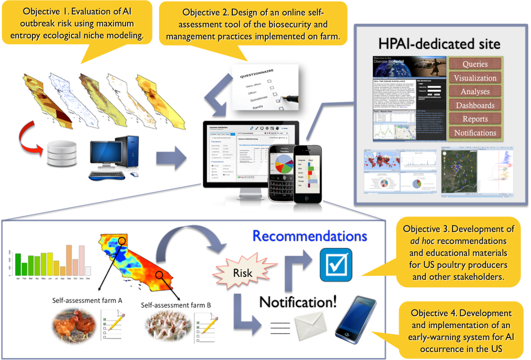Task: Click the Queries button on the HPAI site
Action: [x=475, y=64]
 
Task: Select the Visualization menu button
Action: [x=475, y=78]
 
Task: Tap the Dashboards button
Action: [x=475, y=105]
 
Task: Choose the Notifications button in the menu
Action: [x=475, y=133]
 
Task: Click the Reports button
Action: [x=475, y=119]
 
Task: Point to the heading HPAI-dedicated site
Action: [x=439, y=44]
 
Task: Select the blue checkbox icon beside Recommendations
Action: [x=336, y=265]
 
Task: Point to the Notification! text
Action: [x=298, y=301]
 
